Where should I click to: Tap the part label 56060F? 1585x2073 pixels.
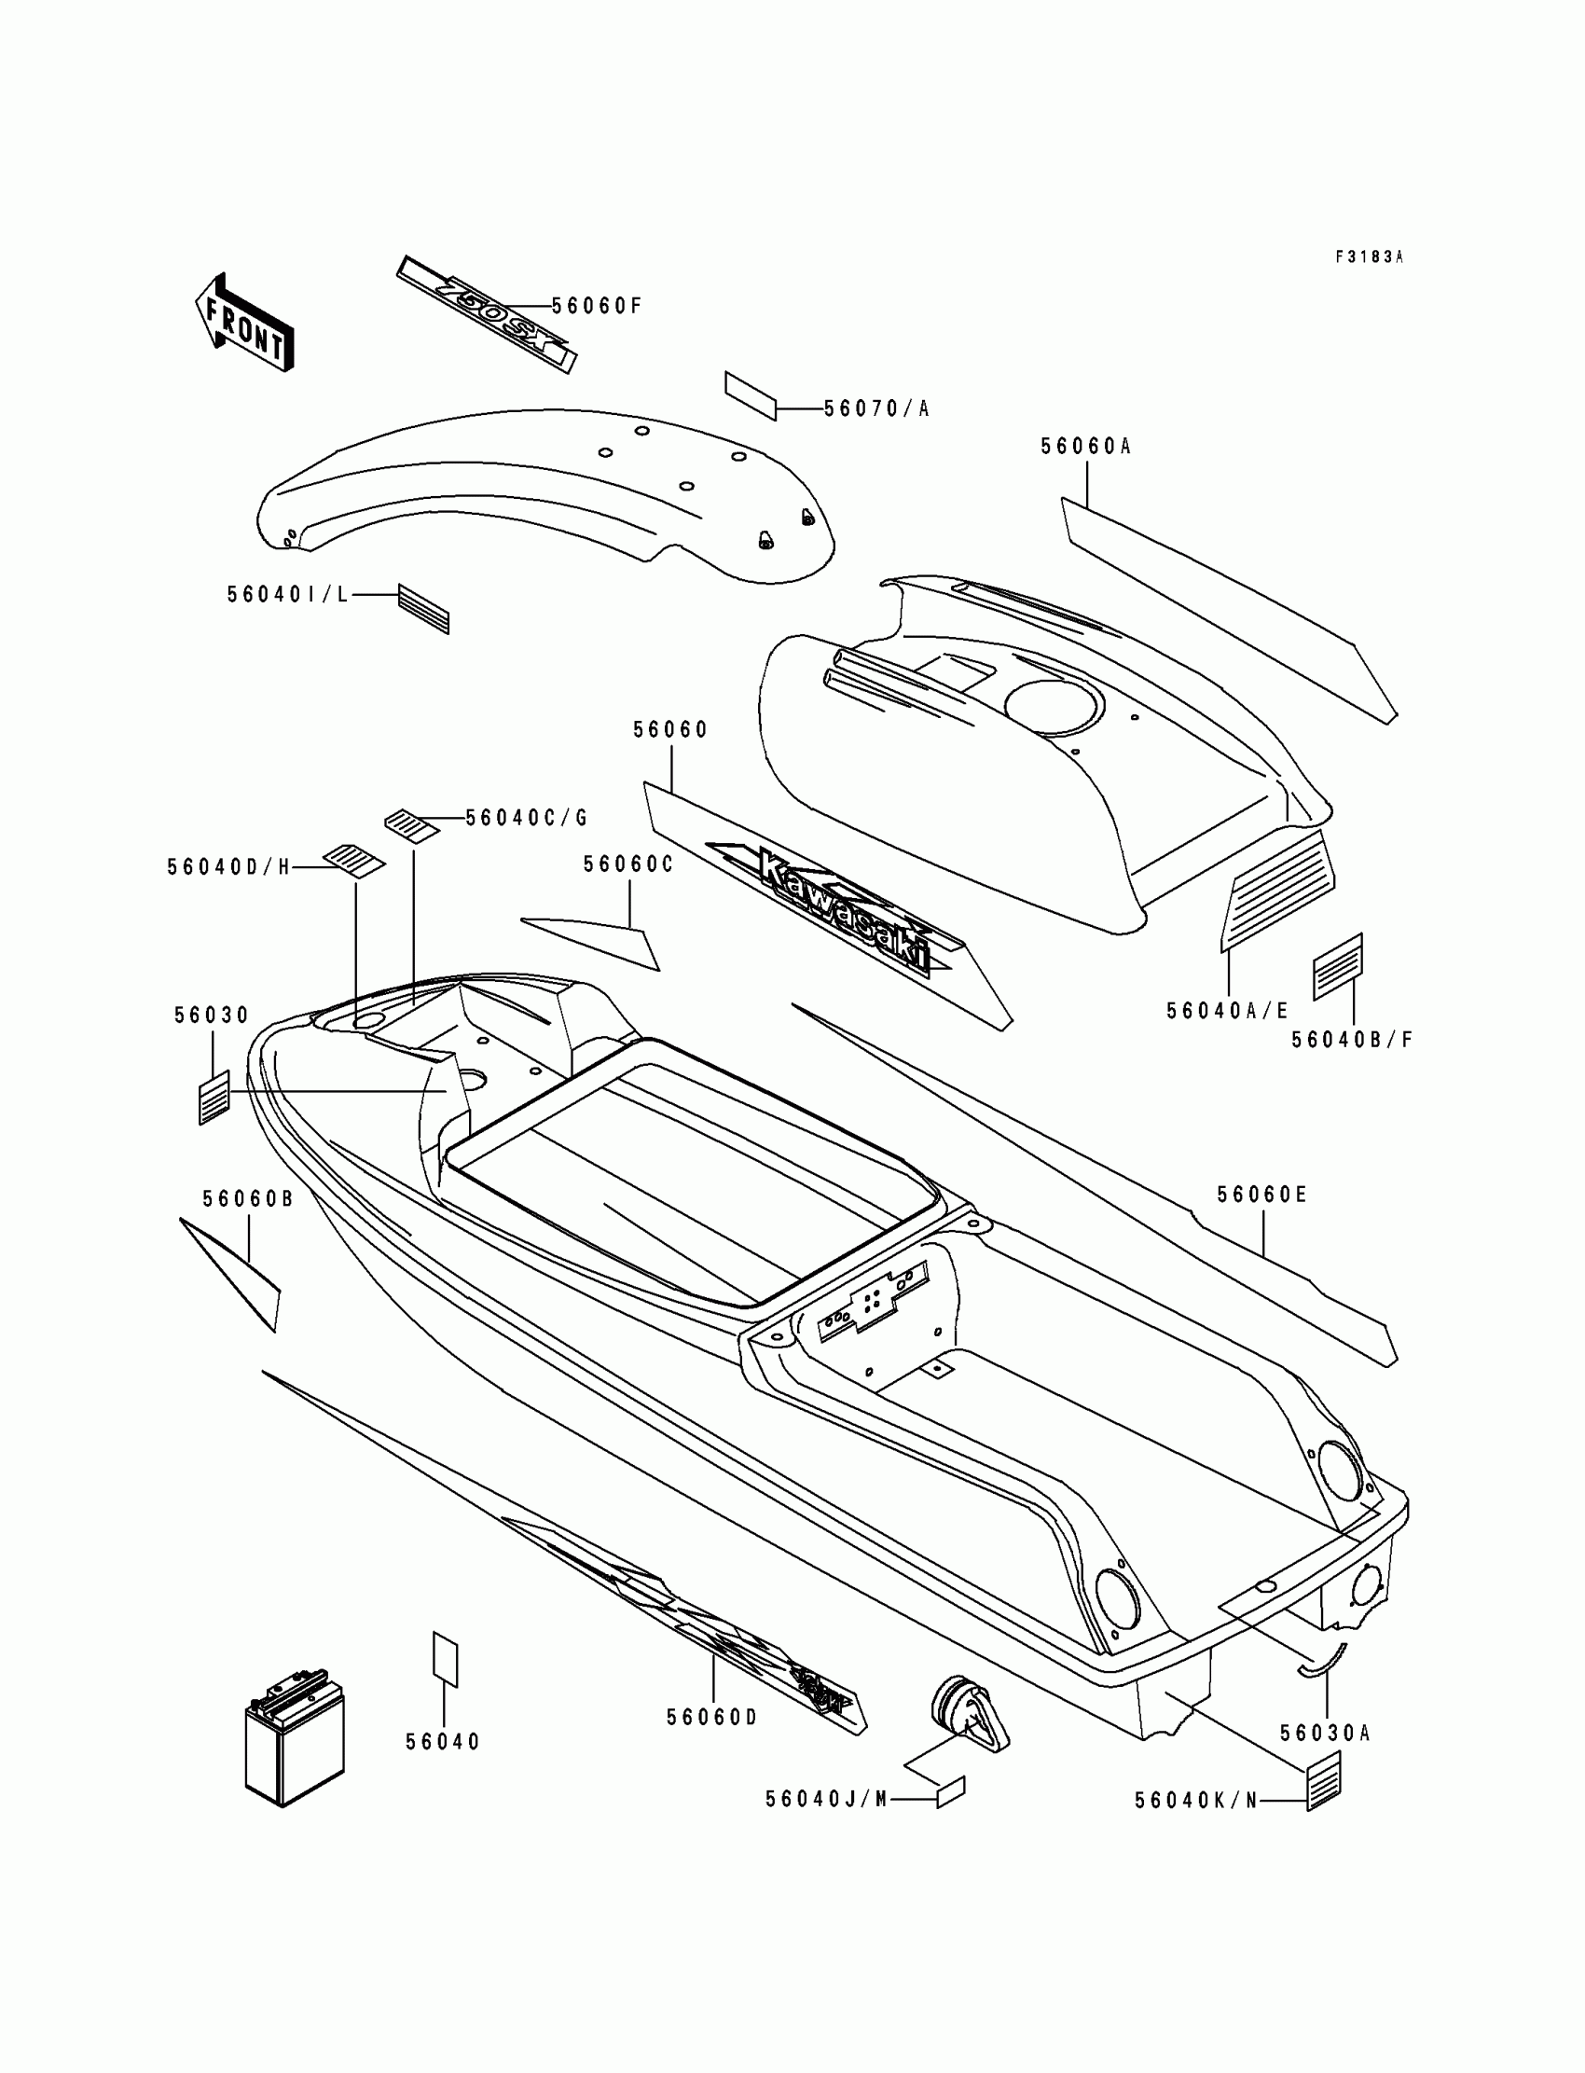click(597, 306)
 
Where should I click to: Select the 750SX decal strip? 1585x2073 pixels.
click(486, 314)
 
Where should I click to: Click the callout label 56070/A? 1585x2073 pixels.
click(876, 408)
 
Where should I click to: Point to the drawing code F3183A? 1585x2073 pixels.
click(1369, 256)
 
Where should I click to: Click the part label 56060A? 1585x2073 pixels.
click(1086, 447)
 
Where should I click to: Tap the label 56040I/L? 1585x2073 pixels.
click(288, 594)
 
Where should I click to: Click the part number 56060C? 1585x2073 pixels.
click(628, 864)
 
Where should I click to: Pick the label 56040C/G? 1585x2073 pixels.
click(527, 818)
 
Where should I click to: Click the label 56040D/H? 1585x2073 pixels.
click(229, 867)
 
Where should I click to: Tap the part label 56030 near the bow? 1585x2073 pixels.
click(212, 1016)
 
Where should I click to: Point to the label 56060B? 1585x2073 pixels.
click(248, 1198)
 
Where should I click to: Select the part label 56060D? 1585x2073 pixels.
click(712, 1718)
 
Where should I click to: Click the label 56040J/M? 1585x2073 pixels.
click(826, 1800)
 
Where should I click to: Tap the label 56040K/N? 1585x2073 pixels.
click(1196, 1801)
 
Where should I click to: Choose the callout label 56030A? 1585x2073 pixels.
click(1325, 1734)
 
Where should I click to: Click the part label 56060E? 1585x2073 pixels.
click(1261, 1195)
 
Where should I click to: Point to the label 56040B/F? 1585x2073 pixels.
click(1352, 1040)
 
